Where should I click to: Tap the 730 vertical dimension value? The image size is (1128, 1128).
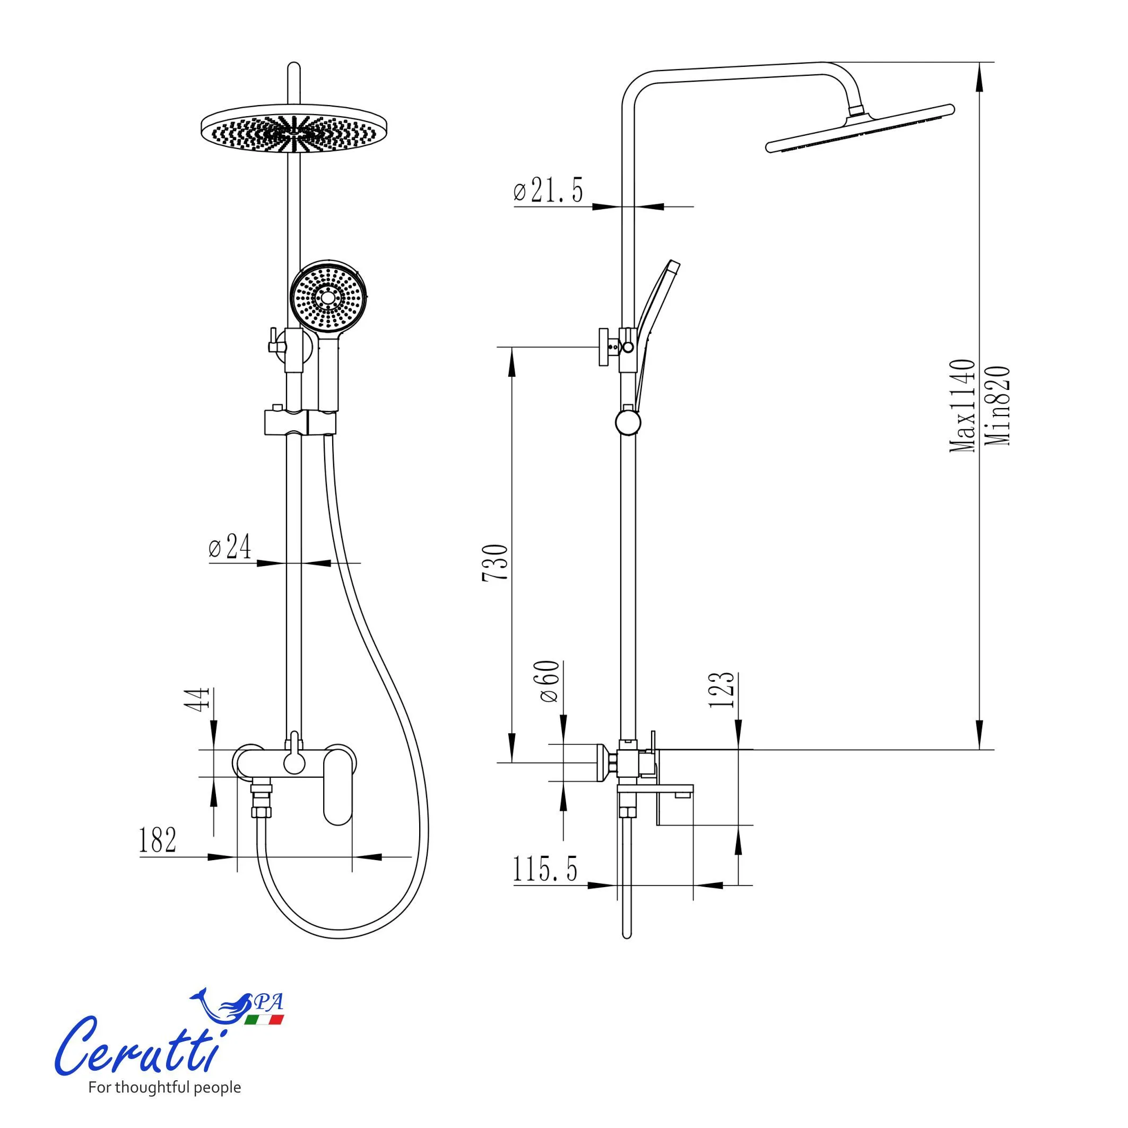(x=496, y=562)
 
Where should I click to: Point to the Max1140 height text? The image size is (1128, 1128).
(x=961, y=406)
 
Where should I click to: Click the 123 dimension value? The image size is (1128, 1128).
(x=722, y=690)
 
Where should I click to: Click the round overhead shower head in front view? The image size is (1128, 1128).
(x=295, y=132)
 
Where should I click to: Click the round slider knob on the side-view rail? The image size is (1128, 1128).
(x=628, y=422)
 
